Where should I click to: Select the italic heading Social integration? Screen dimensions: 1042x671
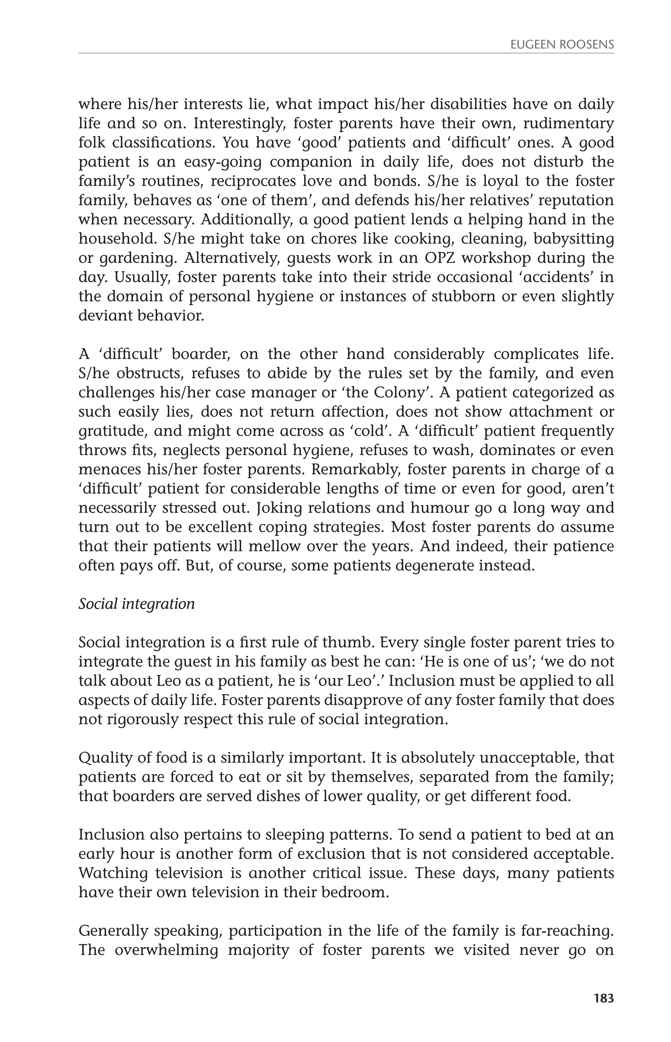(x=136, y=604)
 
